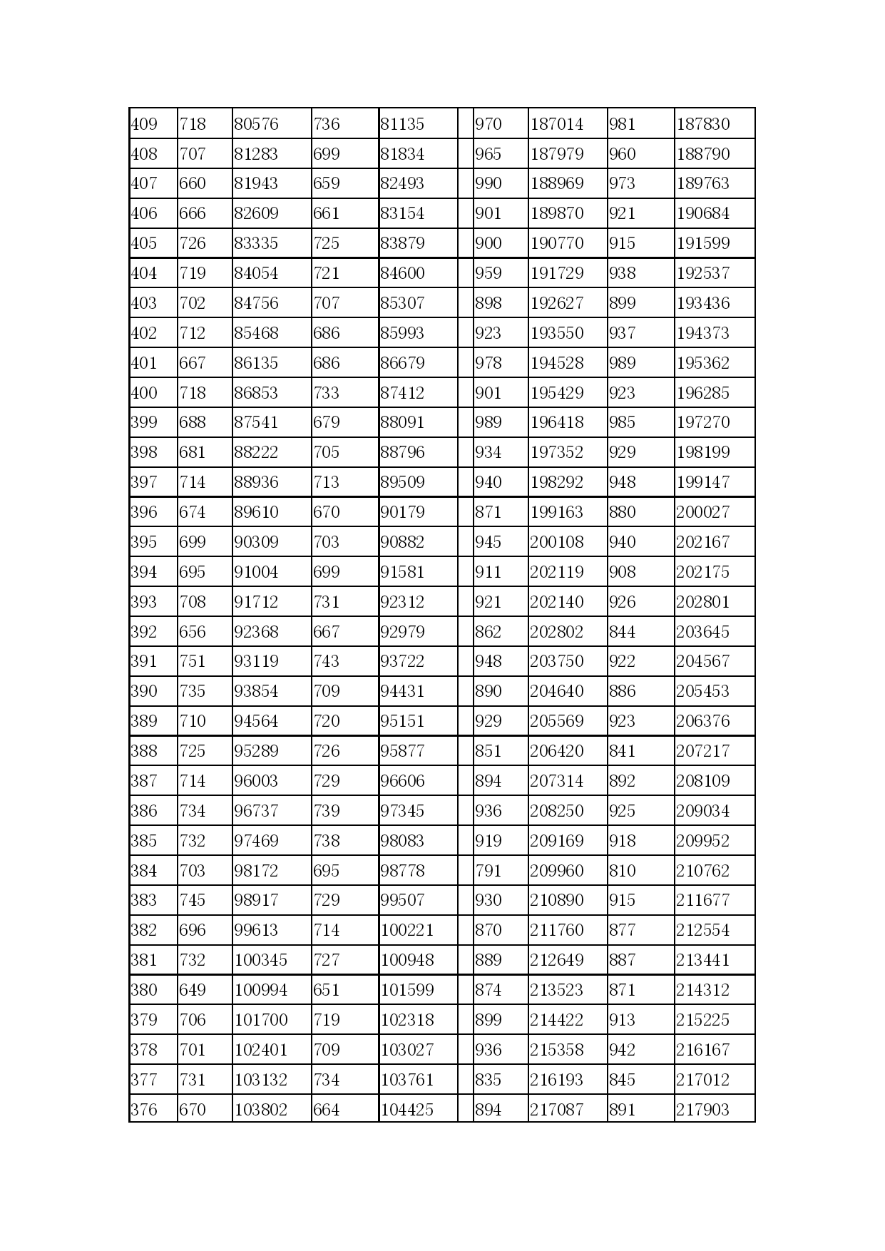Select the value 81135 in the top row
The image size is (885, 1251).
[402, 124]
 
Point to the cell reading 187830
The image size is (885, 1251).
[702, 124]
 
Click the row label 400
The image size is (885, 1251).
[144, 393]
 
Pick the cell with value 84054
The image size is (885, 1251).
[256, 273]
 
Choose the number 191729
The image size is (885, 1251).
[556, 273]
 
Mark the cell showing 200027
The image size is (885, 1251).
[702, 512]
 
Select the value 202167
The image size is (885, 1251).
[702, 542]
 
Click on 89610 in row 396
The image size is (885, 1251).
[256, 512]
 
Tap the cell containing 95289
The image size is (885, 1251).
[256, 751]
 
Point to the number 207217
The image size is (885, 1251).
[702, 751]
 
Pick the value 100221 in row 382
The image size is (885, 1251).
[407, 930]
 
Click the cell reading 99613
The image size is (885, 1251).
[256, 930]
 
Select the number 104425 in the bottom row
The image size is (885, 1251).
[407, 1110]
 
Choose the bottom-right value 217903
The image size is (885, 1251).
[702, 1110]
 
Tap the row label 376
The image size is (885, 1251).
[144, 1110]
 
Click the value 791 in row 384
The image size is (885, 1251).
[488, 871]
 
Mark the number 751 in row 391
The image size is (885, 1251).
[193, 661]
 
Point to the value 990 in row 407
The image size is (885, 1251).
[488, 183]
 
